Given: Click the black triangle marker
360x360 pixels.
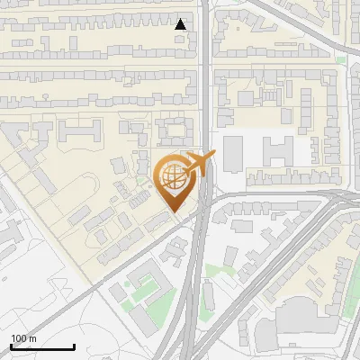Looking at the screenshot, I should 181,24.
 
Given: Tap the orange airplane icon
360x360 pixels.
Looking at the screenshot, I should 201,163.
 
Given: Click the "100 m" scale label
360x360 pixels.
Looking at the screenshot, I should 24,338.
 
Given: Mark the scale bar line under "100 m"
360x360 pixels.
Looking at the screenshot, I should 42,346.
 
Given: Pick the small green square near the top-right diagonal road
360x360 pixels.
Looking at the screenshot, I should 340,59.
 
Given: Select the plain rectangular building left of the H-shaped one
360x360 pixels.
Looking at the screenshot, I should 233,152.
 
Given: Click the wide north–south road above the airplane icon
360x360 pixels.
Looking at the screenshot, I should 207,81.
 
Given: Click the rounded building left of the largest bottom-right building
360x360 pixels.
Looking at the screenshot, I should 265,334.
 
